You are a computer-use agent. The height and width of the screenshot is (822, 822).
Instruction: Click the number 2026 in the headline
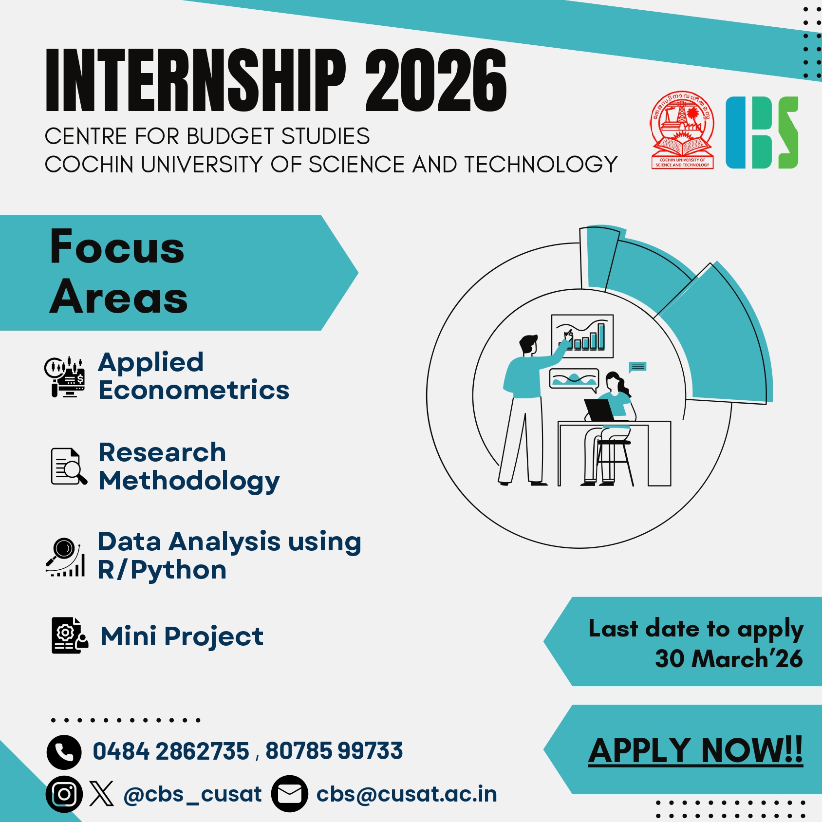[436, 80]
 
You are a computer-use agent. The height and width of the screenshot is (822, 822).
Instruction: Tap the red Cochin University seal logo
[682, 131]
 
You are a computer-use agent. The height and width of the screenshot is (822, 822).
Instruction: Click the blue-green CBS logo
[762, 132]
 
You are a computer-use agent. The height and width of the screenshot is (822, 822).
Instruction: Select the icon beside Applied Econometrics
[65, 376]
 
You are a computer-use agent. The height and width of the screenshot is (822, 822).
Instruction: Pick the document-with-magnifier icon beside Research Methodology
[69, 467]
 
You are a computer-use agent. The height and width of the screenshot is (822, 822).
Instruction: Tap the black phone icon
[64, 752]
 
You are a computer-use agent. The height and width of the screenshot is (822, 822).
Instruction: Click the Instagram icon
[64, 794]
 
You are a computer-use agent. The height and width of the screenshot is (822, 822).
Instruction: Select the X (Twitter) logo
[102, 794]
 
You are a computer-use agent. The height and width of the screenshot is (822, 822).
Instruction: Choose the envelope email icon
[289, 794]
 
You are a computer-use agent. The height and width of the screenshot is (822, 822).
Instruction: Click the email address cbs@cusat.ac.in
[407, 794]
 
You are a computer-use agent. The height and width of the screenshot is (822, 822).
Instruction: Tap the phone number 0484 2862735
[171, 751]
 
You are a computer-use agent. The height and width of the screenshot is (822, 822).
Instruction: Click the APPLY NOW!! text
[695, 750]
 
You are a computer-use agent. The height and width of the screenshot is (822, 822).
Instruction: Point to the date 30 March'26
[728, 659]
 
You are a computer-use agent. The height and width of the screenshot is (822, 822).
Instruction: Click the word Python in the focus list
[179, 570]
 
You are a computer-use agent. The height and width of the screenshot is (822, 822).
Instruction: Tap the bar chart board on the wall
[582, 336]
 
